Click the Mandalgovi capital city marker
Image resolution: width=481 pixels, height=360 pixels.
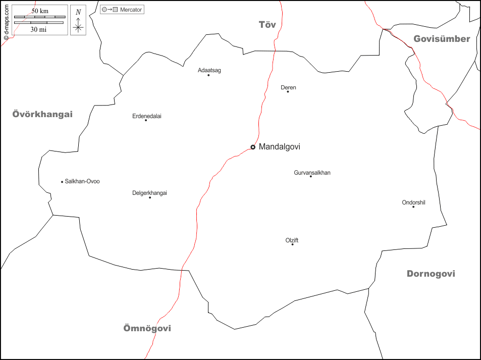pos(253,147)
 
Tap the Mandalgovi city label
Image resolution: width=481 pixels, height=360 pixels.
pos(279,147)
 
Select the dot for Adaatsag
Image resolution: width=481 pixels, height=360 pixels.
pos(208,75)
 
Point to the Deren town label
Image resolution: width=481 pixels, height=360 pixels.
pos(288,87)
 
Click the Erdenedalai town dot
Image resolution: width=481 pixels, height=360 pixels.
pos(146,120)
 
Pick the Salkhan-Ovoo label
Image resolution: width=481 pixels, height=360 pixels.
pos(82,181)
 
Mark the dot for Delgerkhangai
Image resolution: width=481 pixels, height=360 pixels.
pos(150,197)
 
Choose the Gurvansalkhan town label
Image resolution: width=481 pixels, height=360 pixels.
pos(312,173)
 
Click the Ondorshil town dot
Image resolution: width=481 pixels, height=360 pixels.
pos(413,207)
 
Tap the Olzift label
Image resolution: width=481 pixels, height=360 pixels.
pos(292,240)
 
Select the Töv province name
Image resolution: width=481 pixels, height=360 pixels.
pos(267,25)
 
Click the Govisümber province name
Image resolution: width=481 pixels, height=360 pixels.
pos(442,39)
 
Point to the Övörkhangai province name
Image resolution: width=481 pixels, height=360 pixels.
pos(42,114)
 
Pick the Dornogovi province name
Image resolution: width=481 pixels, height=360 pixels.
pos(431,274)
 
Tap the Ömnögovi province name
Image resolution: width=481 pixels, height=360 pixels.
pos(147,328)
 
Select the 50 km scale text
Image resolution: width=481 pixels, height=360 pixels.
pos(40,11)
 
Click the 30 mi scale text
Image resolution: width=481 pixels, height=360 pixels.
pos(38,29)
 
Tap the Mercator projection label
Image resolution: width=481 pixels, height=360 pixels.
pos(131,10)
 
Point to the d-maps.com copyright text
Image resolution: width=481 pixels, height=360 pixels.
pos(6,20)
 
